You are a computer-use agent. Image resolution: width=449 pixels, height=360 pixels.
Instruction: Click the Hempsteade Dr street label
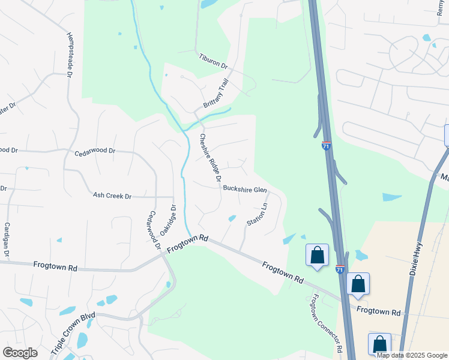[x=70, y=55]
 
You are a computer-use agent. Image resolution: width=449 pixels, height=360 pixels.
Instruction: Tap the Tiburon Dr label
[x=214, y=61]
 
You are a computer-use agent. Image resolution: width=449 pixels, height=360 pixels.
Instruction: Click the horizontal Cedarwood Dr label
[x=94, y=152]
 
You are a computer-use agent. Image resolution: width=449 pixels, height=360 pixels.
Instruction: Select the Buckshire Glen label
[x=244, y=188]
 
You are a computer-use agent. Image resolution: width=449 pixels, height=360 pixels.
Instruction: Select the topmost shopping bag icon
[x=317, y=254]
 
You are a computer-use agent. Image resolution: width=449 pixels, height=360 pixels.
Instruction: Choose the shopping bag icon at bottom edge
[x=379, y=344]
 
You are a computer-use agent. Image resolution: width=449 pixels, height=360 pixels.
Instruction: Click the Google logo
[x=20, y=353]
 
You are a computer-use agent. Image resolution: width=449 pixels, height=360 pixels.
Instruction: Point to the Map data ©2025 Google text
[x=412, y=355]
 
